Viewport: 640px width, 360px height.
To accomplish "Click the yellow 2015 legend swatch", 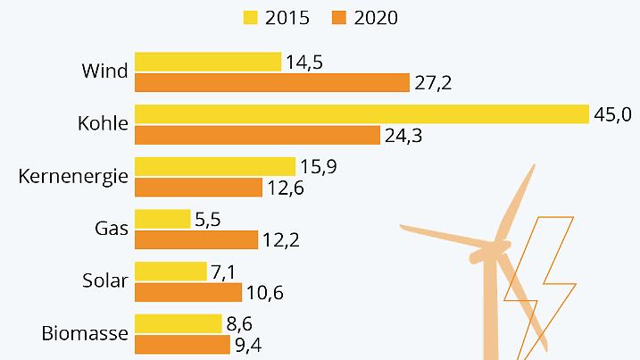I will (250, 17).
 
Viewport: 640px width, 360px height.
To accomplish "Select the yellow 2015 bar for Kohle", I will (362, 113).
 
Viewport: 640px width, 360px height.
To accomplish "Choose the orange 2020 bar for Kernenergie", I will (198, 187).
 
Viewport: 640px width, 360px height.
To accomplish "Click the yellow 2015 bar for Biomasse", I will (178, 322).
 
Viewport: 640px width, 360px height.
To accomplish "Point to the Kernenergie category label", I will (73, 177).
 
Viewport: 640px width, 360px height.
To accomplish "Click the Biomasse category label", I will (86, 334).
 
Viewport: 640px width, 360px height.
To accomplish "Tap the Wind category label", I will (105, 71).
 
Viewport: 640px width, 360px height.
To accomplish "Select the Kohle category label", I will (104, 124).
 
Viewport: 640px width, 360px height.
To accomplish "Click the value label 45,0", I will (613, 113).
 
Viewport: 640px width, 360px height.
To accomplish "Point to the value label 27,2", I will (433, 82).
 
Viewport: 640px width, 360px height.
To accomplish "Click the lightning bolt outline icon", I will (544, 277).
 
